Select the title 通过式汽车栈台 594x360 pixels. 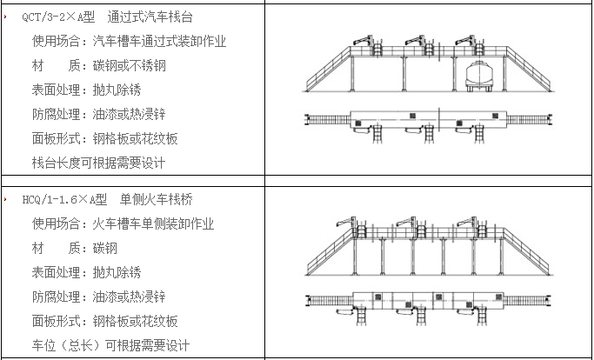150,17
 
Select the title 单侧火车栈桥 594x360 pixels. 157,199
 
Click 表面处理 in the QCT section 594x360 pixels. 59,90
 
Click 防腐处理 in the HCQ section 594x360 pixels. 59,297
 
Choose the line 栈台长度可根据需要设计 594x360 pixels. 98,163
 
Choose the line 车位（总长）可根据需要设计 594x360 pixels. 110,345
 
